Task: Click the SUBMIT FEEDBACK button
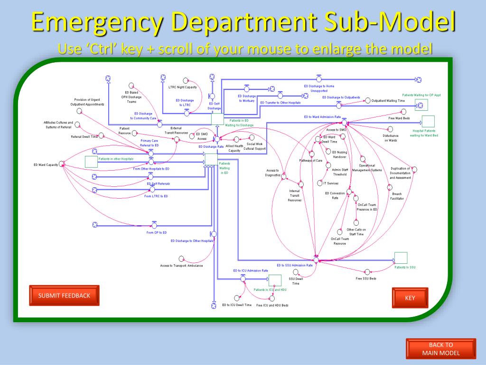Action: click(x=64, y=296)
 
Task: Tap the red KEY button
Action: click(x=410, y=298)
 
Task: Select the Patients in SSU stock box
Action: click(x=401, y=258)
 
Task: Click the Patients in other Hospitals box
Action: click(x=91, y=162)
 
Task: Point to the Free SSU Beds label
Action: click(x=366, y=279)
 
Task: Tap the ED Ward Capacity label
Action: click(x=46, y=164)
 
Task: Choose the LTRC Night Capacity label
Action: click(x=182, y=87)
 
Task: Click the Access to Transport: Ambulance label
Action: click(x=181, y=266)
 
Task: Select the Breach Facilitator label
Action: click(x=397, y=196)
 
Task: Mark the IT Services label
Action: click(x=330, y=183)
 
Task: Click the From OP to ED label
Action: click(x=157, y=232)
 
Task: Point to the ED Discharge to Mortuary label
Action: click(x=247, y=98)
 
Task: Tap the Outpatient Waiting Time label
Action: click(x=388, y=101)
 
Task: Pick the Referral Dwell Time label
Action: click(x=84, y=136)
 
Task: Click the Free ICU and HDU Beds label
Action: click(x=272, y=305)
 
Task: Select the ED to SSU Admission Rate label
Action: click(x=295, y=265)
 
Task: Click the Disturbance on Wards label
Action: click(x=391, y=138)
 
